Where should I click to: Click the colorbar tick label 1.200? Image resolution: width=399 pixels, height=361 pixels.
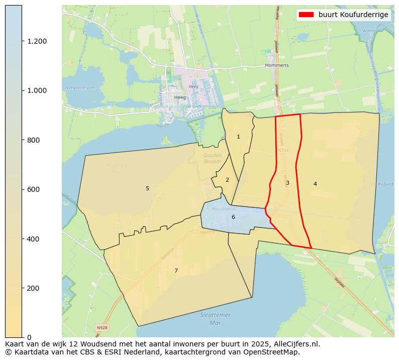tap(37, 41)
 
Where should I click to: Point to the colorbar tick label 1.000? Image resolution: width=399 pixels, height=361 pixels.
tap(37, 90)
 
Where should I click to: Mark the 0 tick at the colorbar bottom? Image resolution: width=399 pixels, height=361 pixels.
tap(29, 337)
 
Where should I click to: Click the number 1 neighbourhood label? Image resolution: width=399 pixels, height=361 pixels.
tap(238, 137)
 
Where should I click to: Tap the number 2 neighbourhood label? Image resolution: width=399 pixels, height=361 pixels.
tap(227, 180)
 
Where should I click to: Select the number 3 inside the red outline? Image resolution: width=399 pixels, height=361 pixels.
tap(287, 183)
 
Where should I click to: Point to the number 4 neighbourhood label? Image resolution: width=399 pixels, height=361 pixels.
tap(315, 184)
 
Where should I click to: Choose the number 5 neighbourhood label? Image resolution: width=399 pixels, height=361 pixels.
tap(147, 188)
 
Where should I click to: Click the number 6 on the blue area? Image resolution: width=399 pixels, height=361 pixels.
tap(233, 217)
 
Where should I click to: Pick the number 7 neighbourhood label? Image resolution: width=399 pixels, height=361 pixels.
tap(176, 271)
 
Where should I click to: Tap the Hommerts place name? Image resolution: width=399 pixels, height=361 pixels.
tap(277, 65)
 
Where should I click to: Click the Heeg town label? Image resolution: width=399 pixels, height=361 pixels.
tap(179, 97)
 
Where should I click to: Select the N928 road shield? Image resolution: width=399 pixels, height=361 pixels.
tap(102, 328)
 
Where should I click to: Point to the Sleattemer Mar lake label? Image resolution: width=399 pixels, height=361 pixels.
tap(215, 318)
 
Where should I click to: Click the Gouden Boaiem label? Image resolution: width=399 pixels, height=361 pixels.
tap(213, 158)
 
